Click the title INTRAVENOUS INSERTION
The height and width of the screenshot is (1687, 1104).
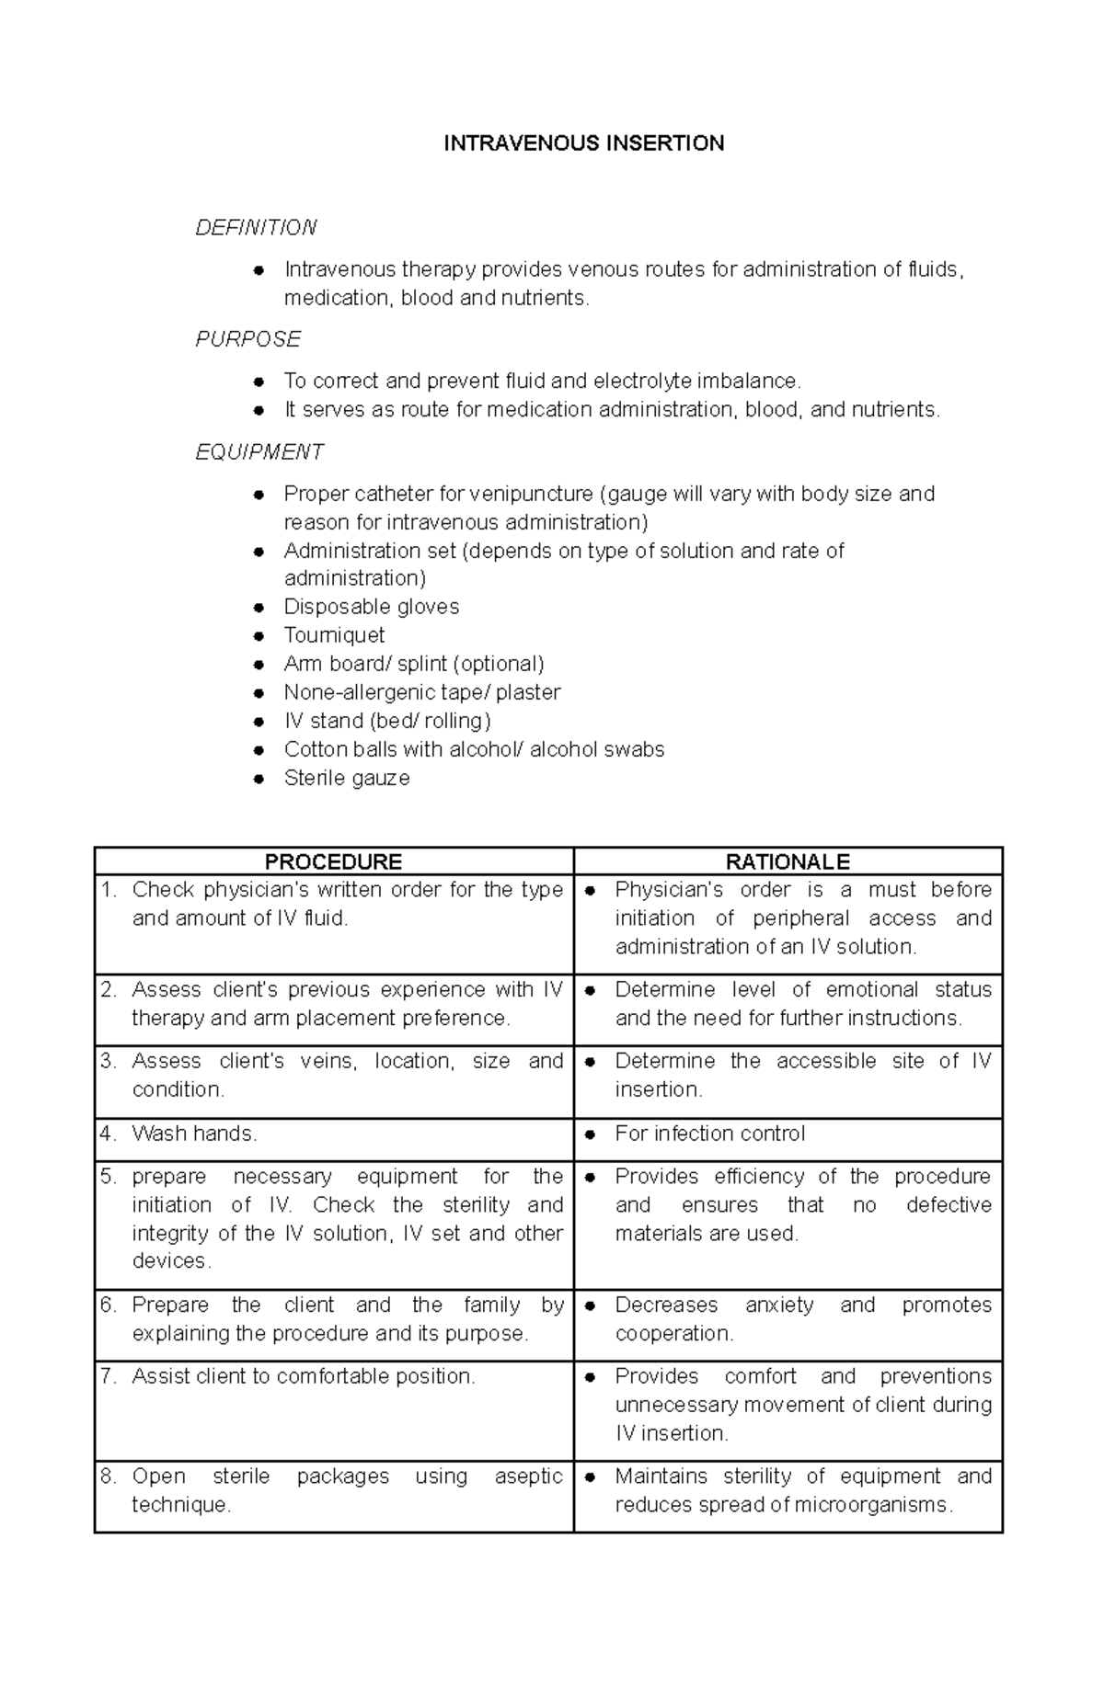(583, 143)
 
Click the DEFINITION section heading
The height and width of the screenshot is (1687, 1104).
(256, 227)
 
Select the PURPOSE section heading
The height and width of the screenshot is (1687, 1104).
(247, 339)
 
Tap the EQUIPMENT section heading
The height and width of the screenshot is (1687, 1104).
(259, 451)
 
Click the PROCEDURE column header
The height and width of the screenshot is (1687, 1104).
(333, 861)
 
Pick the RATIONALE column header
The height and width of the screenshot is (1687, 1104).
(788, 861)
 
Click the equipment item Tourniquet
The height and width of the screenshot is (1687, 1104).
(334, 635)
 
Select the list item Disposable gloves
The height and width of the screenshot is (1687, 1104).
(371, 607)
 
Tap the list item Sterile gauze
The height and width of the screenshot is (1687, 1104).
(347, 778)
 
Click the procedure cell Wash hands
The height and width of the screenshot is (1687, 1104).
(194, 1134)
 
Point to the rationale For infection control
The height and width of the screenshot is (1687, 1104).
(709, 1134)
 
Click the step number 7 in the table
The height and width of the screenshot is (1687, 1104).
(108, 1376)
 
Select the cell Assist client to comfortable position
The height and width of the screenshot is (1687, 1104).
(303, 1376)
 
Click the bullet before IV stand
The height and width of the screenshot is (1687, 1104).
(260, 722)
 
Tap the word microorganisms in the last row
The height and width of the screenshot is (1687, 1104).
(867, 1505)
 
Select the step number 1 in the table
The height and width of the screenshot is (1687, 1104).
(108, 890)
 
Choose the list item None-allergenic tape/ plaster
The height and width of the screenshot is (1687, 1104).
(421, 692)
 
